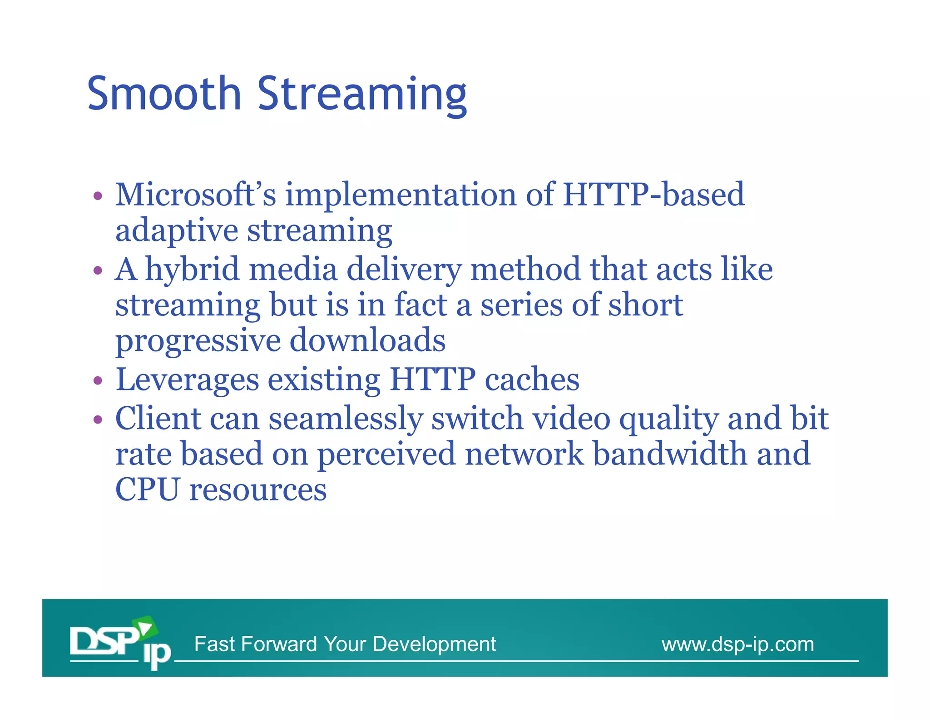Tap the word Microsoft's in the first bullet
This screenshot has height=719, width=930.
point(196,195)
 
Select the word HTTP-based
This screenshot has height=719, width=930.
point(653,195)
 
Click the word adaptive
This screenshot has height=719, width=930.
point(177,231)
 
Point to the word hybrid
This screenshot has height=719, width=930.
point(192,269)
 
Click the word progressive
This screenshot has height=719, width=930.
point(198,341)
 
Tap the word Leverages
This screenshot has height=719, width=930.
point(187,379)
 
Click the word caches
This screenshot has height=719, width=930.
point(532,379)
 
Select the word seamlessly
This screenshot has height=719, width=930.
point(346,419)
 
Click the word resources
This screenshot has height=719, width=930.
point(258,490)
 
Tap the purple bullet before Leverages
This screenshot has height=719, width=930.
point(98,380)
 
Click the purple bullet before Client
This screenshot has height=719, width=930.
point(98,419)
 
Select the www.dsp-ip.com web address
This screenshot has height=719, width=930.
point(737,644)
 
